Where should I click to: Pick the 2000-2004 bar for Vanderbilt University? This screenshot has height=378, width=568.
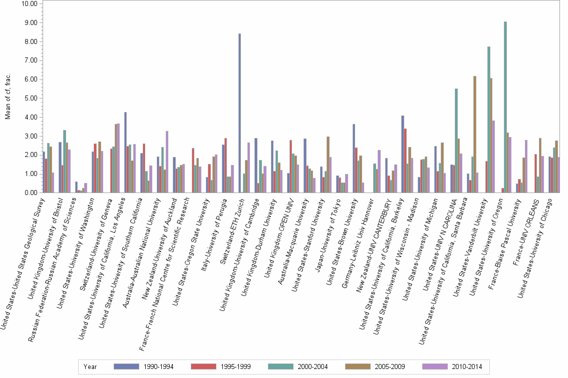coord(489,119)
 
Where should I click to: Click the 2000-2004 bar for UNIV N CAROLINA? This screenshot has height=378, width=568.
coord(456,140)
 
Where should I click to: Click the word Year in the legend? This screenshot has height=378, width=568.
coord(90,366)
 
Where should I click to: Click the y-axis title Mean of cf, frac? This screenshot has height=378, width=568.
coord(8,97)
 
